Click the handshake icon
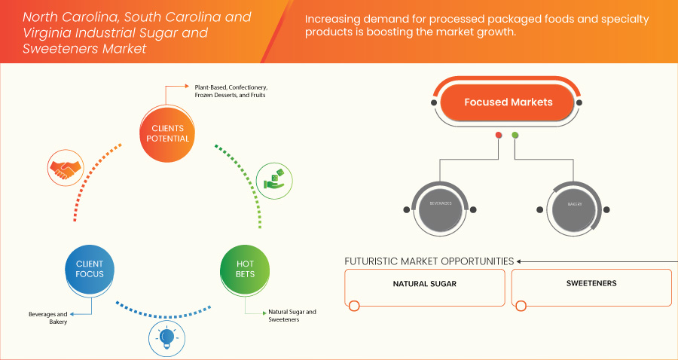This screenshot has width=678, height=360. point(66,169)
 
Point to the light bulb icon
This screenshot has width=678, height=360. point(166,337)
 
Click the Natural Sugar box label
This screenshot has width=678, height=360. point(425,284)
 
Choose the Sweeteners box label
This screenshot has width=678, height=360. point(591,284)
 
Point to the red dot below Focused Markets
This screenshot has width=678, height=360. point(498,136)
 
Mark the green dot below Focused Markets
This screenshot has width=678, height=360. point(515,136)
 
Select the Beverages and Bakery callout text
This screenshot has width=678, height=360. point(48,318)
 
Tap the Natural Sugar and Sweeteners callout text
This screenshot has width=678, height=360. point(292,316)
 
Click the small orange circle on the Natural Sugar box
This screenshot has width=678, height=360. point(354,305)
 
